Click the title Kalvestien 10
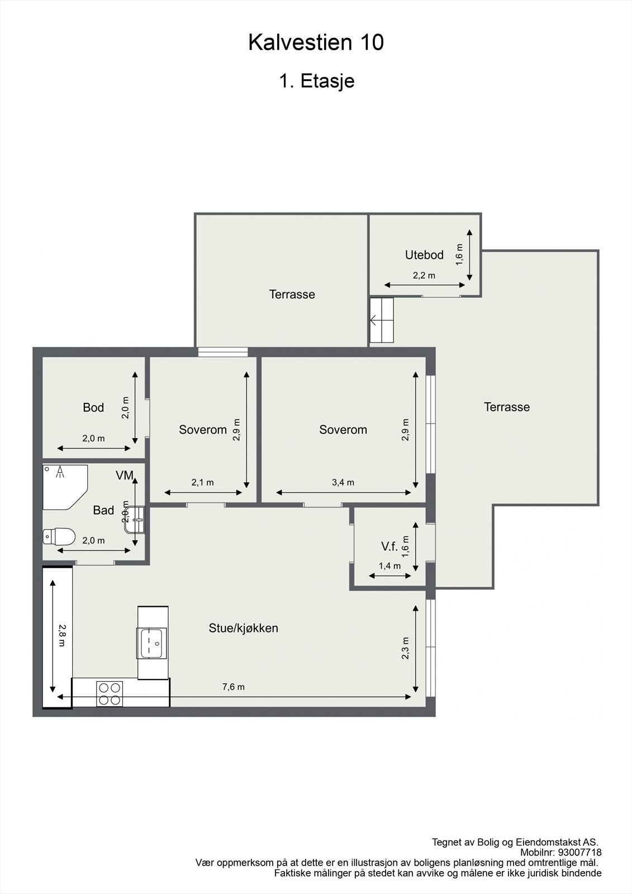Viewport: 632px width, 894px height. click(316, 42)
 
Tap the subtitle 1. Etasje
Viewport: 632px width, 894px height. click(317, 81)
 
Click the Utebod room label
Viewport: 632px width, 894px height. click(424, 255)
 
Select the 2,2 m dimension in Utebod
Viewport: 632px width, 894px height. click(424, 275)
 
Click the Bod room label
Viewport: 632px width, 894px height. click(93, 407)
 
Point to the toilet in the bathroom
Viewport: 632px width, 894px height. click(59, 537)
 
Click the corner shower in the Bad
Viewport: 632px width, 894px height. click(65, 487)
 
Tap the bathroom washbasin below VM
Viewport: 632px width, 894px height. click(135, 520)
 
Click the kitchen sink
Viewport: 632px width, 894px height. click(151, 643)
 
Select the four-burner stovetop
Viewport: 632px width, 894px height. click(110, 694)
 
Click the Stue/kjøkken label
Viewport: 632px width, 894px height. click(244, 628)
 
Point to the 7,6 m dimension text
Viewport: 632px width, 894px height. click(234, 687)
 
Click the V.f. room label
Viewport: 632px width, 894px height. click(389, 546)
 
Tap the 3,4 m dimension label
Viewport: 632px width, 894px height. click(343, 483)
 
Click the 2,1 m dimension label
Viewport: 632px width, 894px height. click(202, 483)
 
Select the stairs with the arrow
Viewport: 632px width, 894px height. click(382, 320)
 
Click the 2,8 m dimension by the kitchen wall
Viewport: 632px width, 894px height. click(62, 635)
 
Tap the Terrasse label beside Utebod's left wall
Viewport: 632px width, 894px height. click(292, 294)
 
